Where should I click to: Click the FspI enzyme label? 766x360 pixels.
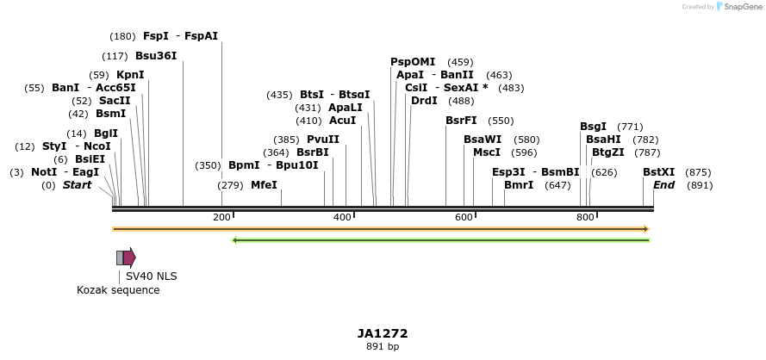156,36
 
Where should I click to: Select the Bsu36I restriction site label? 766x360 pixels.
156,56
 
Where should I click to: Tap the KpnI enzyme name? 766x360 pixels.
130,75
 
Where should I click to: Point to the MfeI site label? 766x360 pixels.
264,185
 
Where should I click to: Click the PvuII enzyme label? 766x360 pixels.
323,140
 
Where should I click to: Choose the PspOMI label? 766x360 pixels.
413,62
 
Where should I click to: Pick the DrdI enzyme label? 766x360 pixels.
424,101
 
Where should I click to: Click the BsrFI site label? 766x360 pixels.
461,121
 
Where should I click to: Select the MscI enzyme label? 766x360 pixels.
487,152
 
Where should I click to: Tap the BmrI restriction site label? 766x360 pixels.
519,185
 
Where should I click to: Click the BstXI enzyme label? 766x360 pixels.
659,172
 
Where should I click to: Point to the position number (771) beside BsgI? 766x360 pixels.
630,127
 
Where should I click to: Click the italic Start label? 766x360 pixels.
77,185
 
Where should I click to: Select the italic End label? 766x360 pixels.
663,185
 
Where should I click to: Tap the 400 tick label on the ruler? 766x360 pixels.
346,217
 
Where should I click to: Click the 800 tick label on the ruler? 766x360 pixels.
585,217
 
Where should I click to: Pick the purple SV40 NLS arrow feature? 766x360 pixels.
129,257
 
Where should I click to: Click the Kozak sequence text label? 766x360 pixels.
118,290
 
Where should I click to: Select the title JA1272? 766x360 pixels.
383,333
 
